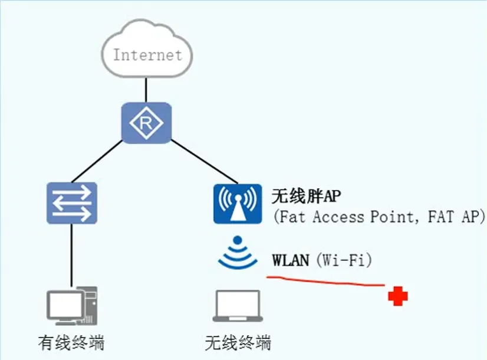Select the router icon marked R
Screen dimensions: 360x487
pyautogui.click(x=146, y=123)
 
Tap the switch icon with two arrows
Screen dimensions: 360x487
pyautogui.click(x=72, y=202)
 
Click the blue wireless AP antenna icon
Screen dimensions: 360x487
pyautogui.click(x=237, y=203)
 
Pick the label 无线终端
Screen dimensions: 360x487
pyautogui.click(x=238, y=342)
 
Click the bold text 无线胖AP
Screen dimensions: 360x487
pyautogui.click(x=307, y=195)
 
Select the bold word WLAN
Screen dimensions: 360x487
pyautogui.click(x=291, y=260)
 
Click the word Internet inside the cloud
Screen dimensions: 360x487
pyautogui.click(x=147, y=55)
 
